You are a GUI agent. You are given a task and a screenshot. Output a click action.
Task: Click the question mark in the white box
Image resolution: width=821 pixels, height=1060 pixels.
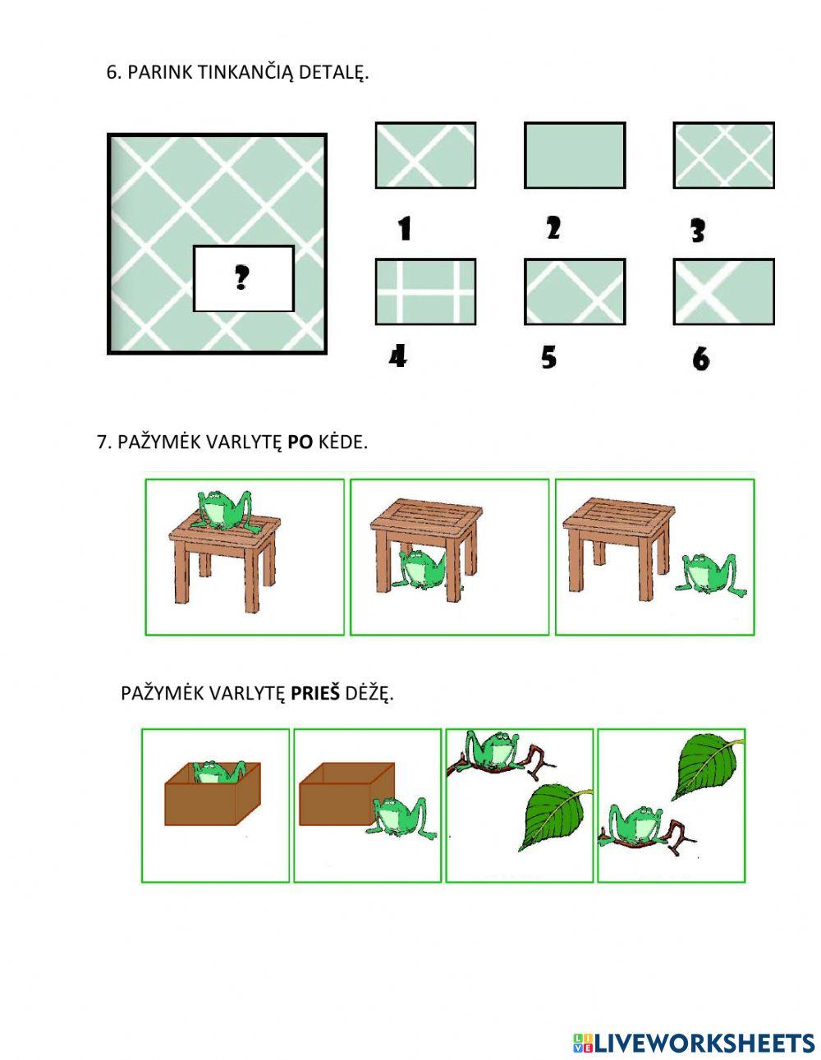click(x=241, y=278)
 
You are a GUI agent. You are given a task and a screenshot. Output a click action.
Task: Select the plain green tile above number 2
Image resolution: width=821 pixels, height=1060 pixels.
click(x=575, y=155)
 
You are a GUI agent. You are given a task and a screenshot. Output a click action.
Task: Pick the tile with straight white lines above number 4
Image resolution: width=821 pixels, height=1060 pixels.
click(x=425, y=291)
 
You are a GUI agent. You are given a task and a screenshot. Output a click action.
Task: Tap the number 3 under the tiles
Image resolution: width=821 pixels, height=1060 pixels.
click(x=698, y=231)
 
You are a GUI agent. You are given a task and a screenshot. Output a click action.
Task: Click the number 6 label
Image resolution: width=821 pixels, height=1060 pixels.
click(x=700, y=360)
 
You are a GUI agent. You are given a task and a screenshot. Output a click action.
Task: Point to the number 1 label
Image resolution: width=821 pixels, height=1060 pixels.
click(x=404, y=229)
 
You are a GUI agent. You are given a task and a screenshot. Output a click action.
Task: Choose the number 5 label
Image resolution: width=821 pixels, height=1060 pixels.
click(x=549, y=357)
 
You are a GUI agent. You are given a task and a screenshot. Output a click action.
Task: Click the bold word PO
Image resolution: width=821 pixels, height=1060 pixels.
click(x=300, y=443)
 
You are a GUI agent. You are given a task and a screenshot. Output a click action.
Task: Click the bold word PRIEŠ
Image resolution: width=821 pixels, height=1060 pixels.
click(x=315, y=693)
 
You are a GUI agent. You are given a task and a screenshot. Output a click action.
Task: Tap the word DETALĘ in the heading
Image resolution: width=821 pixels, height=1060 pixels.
click(x=333, y=73)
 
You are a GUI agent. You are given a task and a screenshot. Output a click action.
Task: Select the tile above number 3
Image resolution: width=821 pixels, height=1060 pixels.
click(x=723, y=155)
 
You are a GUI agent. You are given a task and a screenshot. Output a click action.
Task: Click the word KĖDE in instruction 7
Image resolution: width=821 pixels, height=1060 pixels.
click(x=342, y=443)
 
